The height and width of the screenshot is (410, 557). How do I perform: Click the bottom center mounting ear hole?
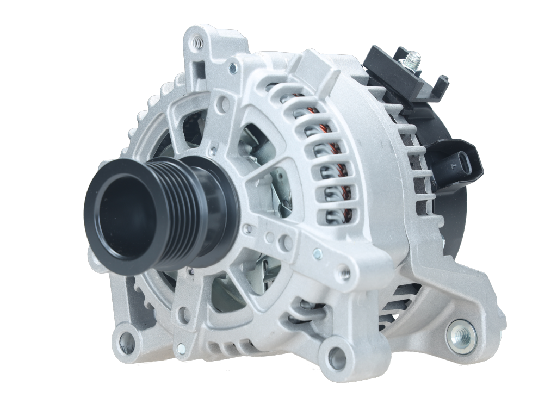[336, 358]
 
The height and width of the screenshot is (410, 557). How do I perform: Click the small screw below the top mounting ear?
[233, 69]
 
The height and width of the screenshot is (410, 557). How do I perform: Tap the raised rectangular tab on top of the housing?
[306, 68]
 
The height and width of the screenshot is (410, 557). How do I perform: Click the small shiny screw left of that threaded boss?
[317, 253]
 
